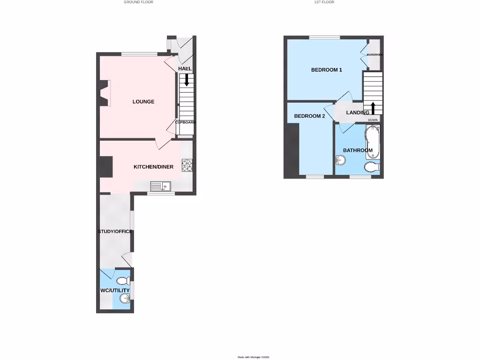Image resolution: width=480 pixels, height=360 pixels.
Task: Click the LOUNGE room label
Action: [143, 102]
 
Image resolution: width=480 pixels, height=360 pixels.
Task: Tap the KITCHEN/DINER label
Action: [153, 167]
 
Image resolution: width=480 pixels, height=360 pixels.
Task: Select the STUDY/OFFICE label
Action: [115, 232]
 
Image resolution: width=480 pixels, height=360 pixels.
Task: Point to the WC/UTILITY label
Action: [115, 291]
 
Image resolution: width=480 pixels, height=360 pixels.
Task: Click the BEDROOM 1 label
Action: [327, 70]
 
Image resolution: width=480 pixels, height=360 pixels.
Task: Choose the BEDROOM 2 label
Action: [309, 116]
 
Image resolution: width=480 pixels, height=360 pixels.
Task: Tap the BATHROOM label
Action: [358, 150]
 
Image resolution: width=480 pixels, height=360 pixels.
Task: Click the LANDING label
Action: [358, 113]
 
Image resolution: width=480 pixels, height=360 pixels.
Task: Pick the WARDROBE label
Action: [375, 55]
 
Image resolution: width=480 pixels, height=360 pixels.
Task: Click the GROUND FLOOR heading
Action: [138, 2]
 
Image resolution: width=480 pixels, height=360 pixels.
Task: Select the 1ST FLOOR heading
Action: [324, 2]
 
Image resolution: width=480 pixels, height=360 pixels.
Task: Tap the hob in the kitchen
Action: [188, 165]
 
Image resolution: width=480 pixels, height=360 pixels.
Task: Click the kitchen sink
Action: [161, 187]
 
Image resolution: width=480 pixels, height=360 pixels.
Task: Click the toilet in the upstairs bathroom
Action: [372, 166]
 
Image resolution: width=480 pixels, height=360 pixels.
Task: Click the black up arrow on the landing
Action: [373, 107]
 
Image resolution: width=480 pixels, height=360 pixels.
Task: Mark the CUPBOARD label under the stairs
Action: [186, 122]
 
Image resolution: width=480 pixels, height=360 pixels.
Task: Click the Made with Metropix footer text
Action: [253, 358]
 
